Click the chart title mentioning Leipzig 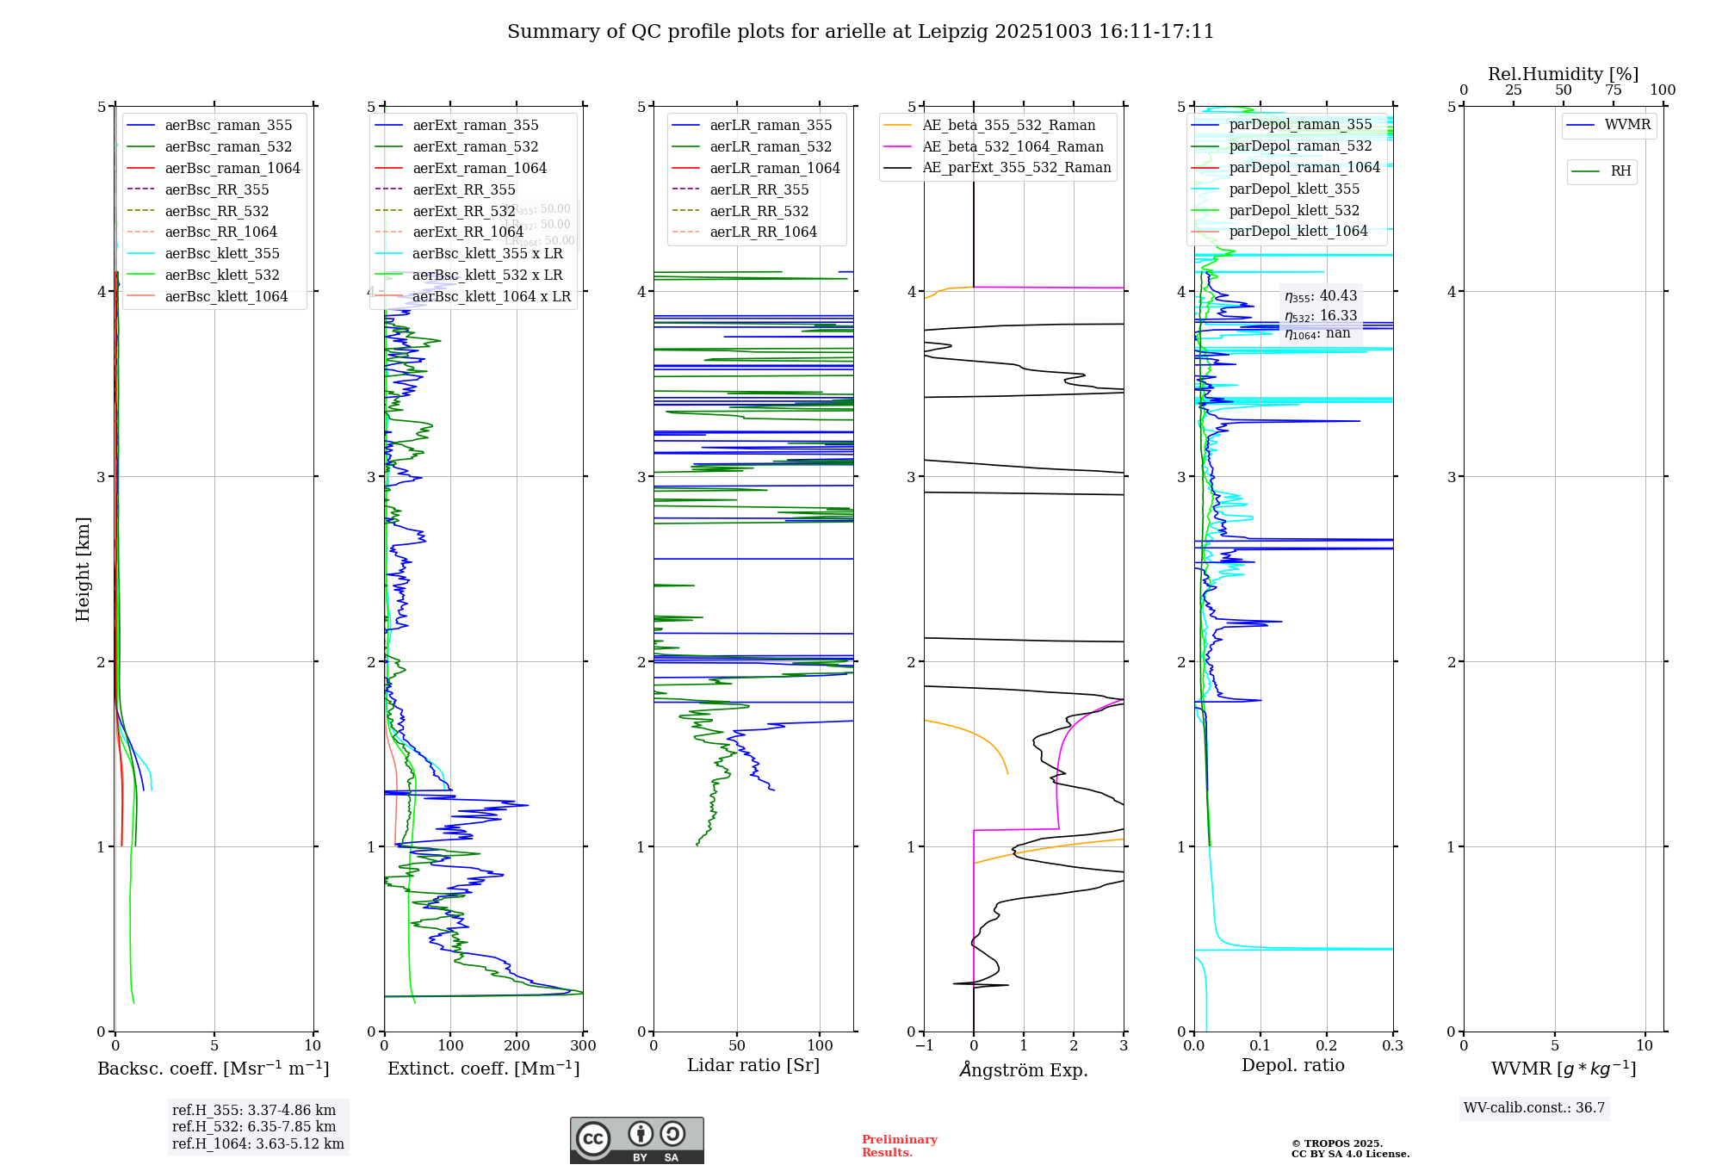coord(860,32)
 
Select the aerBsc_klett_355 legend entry coord(221,253)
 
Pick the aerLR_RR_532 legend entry coord(759,211)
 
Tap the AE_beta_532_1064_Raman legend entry coord(1013,146)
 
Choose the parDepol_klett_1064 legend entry coord(1298,231)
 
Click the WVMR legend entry coord(1627,125)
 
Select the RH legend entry coord(1620,171)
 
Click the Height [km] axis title coord(83,568)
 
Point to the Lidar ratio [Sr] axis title coord(753,1065)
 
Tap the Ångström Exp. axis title coord(1023,1069)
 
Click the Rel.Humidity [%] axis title coord(1563,74)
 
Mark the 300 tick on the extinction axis coord(583,1045)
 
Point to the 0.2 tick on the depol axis coord(1327,1045)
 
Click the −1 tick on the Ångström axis coord(924,1045)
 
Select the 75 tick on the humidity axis coord(1613,90)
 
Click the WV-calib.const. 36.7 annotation coord(1533,1107)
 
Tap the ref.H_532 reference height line coord(254,1126)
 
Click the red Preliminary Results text coord(899,1145)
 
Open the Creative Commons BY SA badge coord(636,1140)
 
